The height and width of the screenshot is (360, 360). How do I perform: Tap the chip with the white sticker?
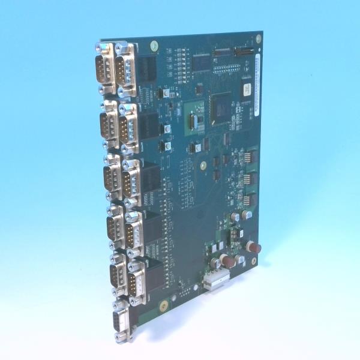tap(246, 88)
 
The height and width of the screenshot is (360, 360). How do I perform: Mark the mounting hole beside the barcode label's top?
tap(259, 39)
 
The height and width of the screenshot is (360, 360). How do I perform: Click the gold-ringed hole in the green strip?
tap(161, 307)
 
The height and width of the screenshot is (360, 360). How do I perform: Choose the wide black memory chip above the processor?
tap(202, 61)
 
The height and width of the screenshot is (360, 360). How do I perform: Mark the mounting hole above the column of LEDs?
tap(154, 45)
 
